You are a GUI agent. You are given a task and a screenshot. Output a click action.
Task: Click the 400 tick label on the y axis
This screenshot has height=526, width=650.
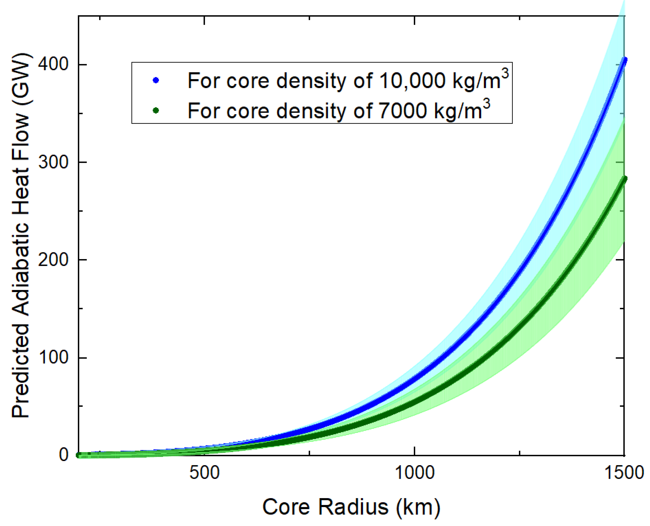tap(53, 64)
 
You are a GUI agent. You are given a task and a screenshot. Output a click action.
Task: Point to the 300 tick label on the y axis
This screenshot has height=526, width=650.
tap(53, 162)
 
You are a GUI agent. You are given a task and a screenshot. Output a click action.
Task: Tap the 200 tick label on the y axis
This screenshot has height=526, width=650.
tap(53, 260)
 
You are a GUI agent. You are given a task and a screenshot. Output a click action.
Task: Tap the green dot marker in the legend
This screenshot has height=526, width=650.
tap(156, 110)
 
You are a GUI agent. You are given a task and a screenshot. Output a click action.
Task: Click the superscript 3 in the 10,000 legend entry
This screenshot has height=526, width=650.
tap(505, 74)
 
